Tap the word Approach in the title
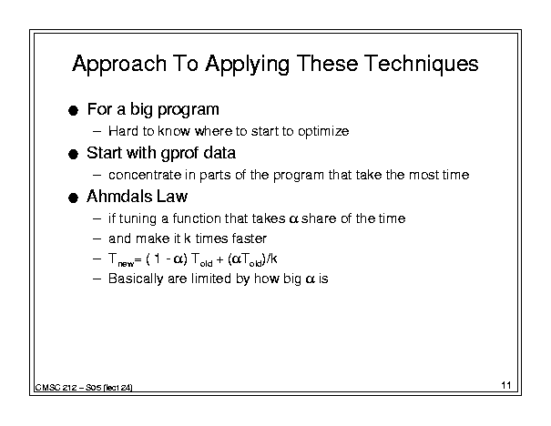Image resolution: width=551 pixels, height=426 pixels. click(x=119, y=65)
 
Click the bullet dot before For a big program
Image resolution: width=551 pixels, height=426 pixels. click(x=73, y=111)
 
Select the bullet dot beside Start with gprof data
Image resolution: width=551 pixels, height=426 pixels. click(x=73, y=155)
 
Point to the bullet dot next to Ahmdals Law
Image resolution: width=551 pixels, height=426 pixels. click(x=73, y=198)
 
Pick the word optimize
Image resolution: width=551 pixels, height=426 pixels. click(x=323, y=132)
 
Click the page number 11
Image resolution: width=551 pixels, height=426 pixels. click(x=506, y=385)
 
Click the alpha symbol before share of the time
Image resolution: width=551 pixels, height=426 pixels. click(x=294, y=219)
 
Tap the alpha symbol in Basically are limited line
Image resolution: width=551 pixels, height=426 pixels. click(x=311, y=279)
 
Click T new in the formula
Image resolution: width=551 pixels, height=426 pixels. click(x=121, y=260)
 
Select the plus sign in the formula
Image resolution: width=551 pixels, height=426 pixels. click(x=220, y=260)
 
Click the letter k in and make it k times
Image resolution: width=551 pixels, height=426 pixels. click(x=188, y=238)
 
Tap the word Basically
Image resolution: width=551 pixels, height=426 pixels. click(x=136, y=279)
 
